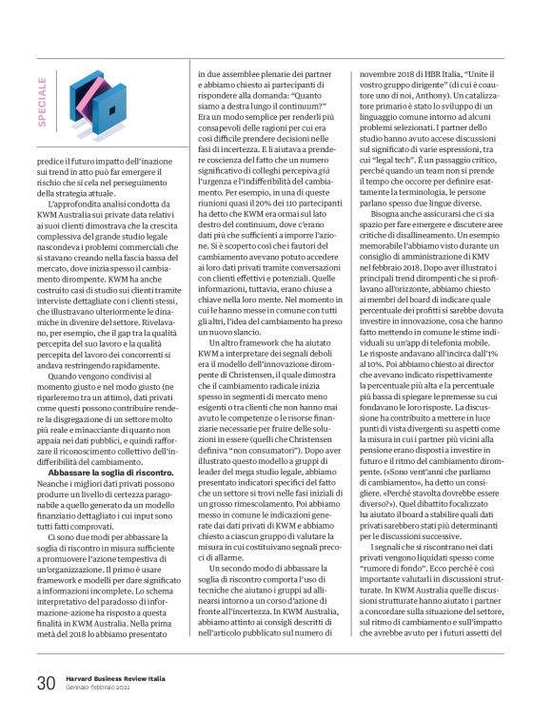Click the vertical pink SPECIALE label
(45, 101)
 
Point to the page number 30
(47, 683)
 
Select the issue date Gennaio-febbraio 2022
(102, 689)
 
